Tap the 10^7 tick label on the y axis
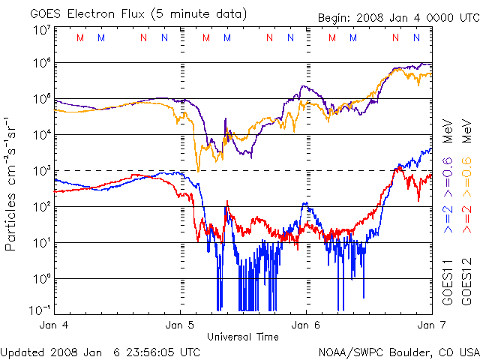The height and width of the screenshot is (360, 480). point(41,30)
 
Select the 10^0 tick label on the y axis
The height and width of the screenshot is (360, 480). point(41,279)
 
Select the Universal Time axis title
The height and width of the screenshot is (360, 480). point(242,337)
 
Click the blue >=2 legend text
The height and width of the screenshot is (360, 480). point(448,218)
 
